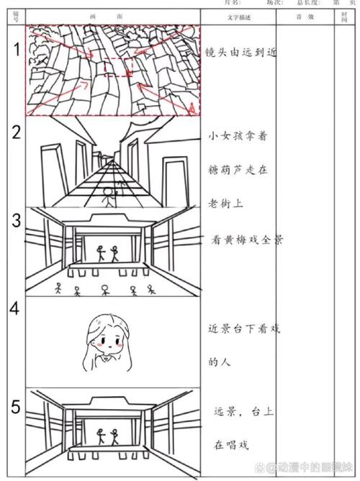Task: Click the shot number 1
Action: click(x=15, y=49)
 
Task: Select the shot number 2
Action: click(x=15, y=132)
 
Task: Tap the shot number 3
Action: click(x=15, y=220)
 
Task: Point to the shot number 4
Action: click(x=15, y=308)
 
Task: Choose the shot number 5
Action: click(x=15, y=408)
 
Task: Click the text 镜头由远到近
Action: click(x=241, y=53)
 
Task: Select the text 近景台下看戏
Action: click(x=243, y=328)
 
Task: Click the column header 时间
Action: click(x=343, y=17)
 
